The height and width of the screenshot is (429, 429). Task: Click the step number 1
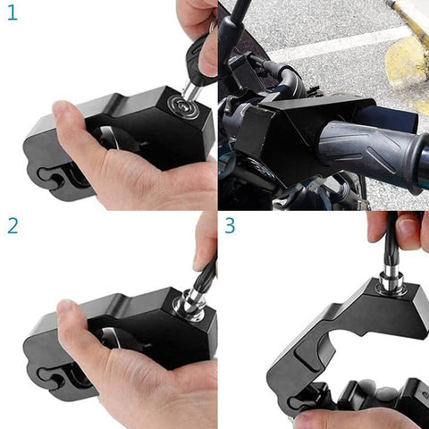tap(13, 13)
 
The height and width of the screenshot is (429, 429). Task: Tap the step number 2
tap(13, 226)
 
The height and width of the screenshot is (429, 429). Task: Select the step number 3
tap(230, 225)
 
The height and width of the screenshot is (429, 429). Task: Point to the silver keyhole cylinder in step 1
tap(185, 106)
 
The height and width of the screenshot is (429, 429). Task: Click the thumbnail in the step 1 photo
tap(61, 108)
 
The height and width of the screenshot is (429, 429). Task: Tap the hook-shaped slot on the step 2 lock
tap(51, 378)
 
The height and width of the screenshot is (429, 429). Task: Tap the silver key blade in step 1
tap(191, 90)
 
